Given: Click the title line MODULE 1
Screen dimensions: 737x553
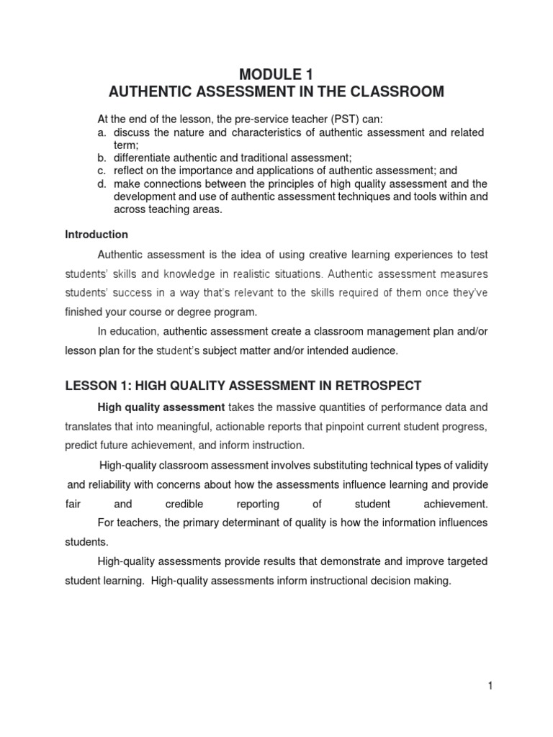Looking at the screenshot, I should (x=276, y=74).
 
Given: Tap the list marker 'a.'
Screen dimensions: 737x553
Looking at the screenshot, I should (x=102, y=132).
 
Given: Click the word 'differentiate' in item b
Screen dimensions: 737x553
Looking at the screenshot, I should (x=140, y=158).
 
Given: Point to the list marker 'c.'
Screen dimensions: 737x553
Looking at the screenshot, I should (x=102, y=171).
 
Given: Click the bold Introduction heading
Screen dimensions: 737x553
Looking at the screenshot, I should (x=96, y=235).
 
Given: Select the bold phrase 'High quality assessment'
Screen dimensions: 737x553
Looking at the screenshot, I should (x=161, y=407).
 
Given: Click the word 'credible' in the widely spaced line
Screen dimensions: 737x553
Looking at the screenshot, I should (x=184, y=504).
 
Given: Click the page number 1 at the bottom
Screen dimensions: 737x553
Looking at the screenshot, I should (x=490, y=686).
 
